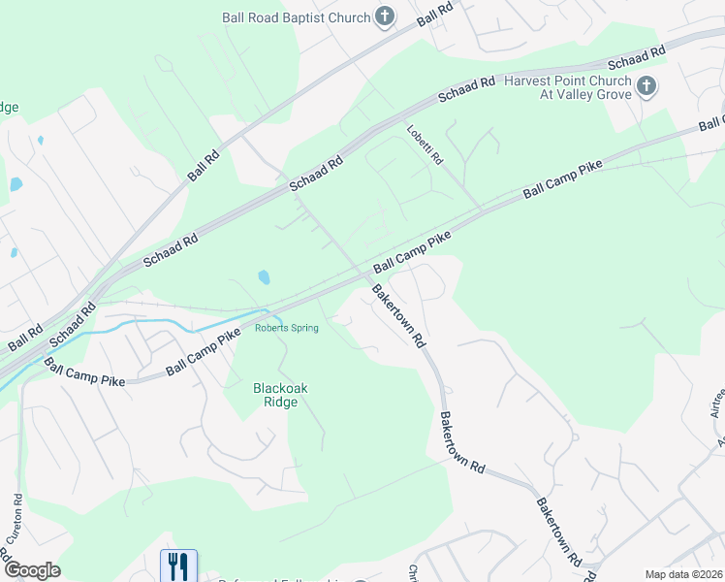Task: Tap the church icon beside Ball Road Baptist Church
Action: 385,16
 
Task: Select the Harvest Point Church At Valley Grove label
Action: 568,88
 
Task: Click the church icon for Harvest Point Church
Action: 646,88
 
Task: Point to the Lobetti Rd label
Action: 425,145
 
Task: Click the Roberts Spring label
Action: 286,328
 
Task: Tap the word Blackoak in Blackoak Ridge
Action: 280,388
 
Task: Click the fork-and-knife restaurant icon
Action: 178,566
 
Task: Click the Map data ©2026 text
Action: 683,574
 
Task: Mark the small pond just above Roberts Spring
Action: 264,278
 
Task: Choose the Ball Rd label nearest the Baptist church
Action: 435,16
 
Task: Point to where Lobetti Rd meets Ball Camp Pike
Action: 482,211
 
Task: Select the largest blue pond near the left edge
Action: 15,184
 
